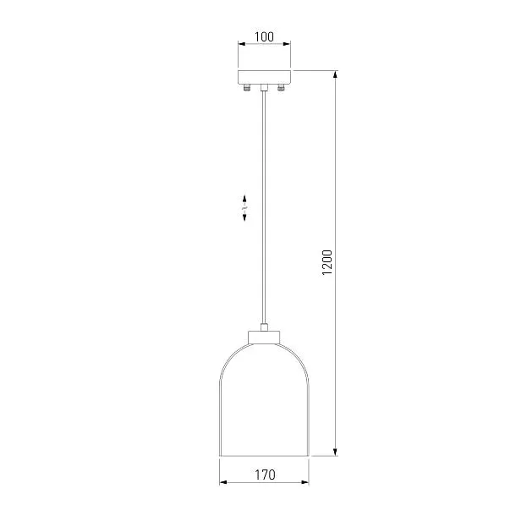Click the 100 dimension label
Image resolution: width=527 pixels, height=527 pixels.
(264, 36)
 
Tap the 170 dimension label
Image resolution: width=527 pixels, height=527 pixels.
(265, 475)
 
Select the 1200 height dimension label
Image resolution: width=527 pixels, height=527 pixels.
(327, 262)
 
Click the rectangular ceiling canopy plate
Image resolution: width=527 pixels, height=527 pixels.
(264, 77)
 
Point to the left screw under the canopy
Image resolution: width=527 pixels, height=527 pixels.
(247, 88)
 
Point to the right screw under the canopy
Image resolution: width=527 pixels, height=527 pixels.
(281, 88)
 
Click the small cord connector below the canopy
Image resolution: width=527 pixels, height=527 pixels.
(264, 88)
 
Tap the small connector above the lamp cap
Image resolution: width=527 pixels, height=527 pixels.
(264, 327)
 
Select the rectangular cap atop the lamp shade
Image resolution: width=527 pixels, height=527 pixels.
(264, 338)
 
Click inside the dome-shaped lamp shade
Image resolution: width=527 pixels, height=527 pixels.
(264, 403)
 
